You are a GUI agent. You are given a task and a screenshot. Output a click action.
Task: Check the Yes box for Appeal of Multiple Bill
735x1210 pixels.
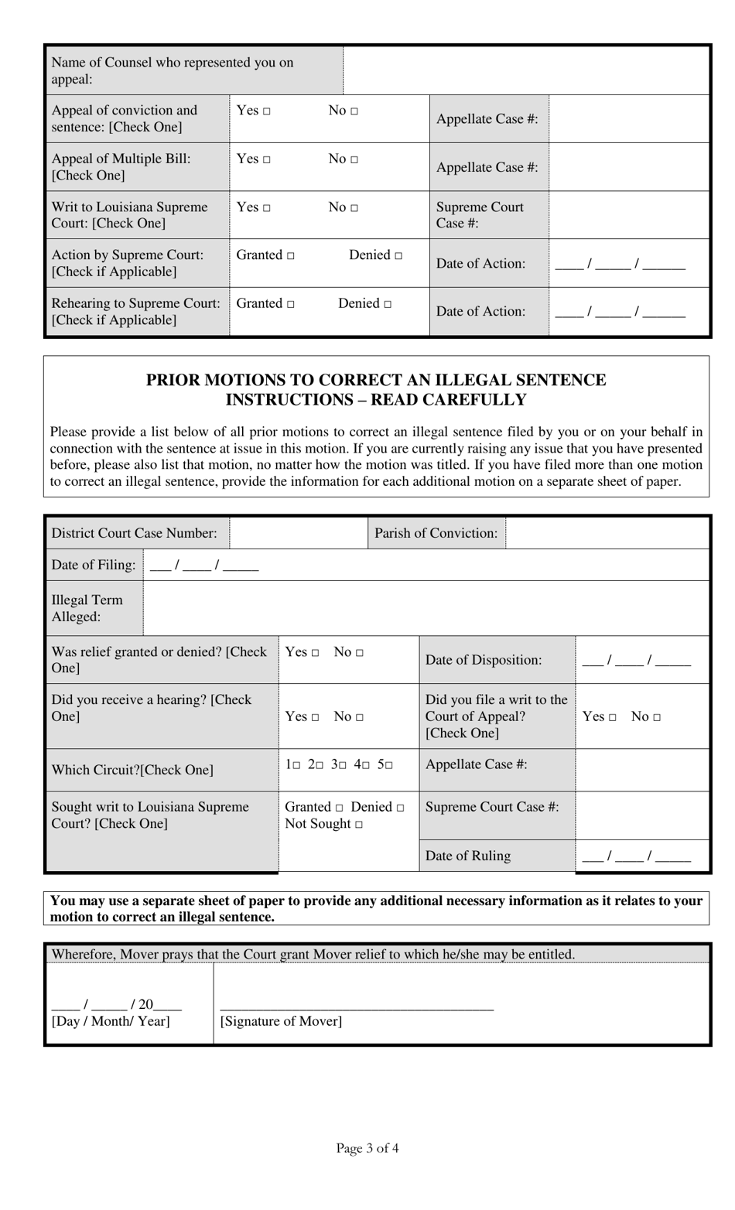click(x=267, y=160)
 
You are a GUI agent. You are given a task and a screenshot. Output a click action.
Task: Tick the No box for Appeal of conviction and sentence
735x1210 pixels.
click(x=354, y=111)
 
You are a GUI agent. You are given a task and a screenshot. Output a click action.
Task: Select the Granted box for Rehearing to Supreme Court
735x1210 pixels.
click(x=291, y=305)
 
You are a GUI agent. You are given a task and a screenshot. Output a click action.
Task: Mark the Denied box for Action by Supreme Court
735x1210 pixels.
click(x=398, y=256)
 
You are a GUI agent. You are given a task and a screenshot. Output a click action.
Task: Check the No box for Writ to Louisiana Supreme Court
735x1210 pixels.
click(x=354, y=208)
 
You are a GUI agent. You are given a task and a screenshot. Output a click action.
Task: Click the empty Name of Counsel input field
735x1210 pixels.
click(x=526, y=70)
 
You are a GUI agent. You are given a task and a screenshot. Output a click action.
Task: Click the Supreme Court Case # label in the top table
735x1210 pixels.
click(x=480, y=215)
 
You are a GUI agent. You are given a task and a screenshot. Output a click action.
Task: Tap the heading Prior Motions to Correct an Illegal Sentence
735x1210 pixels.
click(x=376, y=380)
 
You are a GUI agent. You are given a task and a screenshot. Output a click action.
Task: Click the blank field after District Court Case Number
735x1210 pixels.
click(x=298, y=533)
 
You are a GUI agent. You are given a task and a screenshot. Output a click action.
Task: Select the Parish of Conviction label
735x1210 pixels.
click(x=436, y=533)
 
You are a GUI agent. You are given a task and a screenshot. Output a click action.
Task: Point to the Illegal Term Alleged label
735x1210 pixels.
click(x=87, y=608)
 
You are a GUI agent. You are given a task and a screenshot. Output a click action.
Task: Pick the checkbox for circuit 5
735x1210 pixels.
click(x=389, y=765)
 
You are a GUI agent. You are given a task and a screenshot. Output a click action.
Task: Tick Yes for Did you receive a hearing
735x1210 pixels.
click(x=316, y=717)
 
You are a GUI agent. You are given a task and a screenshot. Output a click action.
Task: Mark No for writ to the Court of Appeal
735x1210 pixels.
click(x=657, y=717)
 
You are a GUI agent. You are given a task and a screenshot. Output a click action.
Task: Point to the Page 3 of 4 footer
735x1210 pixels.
click(x=367, y=1148)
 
